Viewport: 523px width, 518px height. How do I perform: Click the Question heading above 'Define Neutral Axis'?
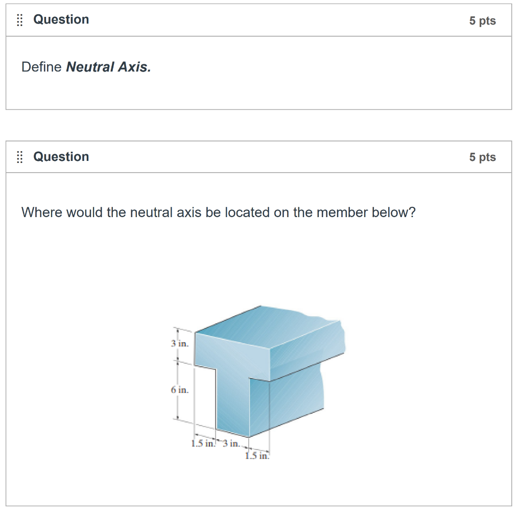pyautogui.click(x=61, y=20)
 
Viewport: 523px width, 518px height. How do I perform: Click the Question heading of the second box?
pyautogui.click(x=61, y=157)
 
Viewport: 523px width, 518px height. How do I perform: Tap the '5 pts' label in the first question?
pyautogui.click(x=482, y=21)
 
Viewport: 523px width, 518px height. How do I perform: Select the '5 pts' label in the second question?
pyautogui.click(x=482, y=157)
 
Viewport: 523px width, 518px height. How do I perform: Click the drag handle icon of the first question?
pyautogui.click(x=20, y=20)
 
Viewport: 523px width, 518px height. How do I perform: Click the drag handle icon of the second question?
pyautogui.click(x=20, y=157)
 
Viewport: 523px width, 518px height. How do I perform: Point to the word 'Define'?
pyautogui.click(x=41, y=67)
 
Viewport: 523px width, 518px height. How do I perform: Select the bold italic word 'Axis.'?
pyautogui.click(x=134, y=67)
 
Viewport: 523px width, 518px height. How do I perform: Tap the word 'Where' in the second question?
pyautogui.click(x=42, y=213)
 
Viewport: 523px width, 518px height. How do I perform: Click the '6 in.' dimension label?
pyautogui.click(x=180, y=390)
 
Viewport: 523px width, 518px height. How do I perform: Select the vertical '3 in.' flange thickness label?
pyautogui.click(x=180, y=343)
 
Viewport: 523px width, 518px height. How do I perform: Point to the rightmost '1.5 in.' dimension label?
pyautogui.click(x=257, y=455)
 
